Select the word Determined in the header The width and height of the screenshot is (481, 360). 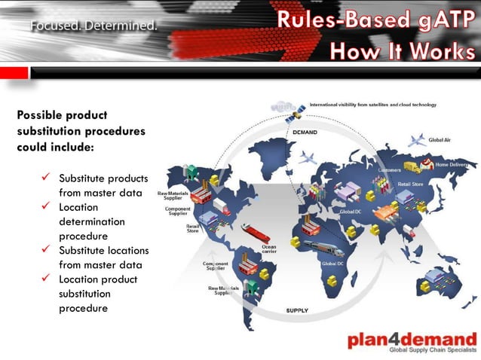click(x=121, y=26)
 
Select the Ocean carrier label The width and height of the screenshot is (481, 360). click(x=268, y=248)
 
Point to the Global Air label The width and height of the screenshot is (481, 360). click(x=440, y=140)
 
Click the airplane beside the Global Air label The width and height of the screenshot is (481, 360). click(x=417, y=140)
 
